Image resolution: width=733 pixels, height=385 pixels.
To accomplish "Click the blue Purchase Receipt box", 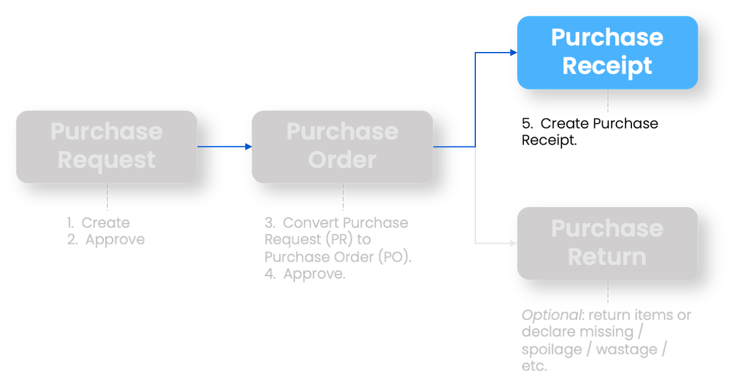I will point(607,52).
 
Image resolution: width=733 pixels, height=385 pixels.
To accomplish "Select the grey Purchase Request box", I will point(106,146).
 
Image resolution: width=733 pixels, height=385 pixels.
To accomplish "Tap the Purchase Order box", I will point(342,146).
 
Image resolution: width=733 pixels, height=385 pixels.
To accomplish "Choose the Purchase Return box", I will point(607,243).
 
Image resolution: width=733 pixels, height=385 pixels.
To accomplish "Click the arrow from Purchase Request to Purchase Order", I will point(224,146).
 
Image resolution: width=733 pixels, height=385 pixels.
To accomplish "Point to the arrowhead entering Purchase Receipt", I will point(513,53).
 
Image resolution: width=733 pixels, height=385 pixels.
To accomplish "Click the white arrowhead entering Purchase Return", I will point(513,243).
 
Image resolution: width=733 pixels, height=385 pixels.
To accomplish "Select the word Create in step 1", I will point(106,223).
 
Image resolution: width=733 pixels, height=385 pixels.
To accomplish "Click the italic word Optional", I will point(544,315).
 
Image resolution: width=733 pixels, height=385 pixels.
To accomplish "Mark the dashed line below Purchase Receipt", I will point(608,101).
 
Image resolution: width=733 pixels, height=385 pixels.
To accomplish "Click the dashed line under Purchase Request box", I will point(107,197).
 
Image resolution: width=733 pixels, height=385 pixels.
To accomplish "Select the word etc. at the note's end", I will point(534,366).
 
